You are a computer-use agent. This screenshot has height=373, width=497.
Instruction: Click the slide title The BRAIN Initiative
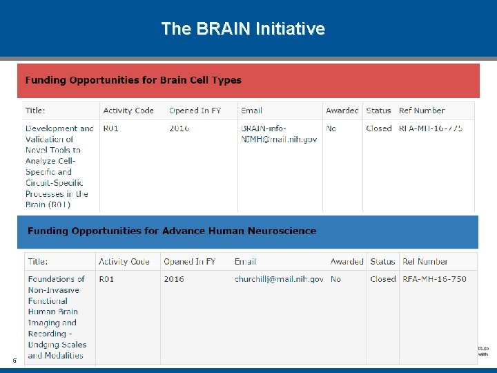[x=243, y=28]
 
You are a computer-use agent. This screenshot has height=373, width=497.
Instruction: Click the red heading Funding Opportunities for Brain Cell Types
[x=133, y=80]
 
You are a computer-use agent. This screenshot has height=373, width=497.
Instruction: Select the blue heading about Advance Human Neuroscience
[x=172, y=231]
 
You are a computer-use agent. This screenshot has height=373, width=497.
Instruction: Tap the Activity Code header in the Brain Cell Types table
[x=128, y=111]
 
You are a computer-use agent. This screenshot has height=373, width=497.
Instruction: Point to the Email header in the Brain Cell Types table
[x=251, y=111]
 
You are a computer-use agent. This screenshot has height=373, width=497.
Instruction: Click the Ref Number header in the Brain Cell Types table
[x=422, y=111]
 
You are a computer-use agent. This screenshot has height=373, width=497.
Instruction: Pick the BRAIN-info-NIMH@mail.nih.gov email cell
[x=279, y=133]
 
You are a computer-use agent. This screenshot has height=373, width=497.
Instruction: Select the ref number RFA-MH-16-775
[x=431, y=128]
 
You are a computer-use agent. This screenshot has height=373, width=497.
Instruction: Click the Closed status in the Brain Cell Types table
[x=379, y=128]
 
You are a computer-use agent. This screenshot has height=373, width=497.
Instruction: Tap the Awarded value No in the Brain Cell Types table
[x=331, y=128]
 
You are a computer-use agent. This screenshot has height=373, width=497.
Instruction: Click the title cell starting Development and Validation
[x=59, y=166]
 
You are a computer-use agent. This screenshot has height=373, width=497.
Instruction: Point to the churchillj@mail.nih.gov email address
[x=279, y=279]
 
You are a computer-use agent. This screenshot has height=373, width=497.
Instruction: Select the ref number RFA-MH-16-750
[x=434, y=279]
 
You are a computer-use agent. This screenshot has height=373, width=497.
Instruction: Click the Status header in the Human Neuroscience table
[x=382, y=262]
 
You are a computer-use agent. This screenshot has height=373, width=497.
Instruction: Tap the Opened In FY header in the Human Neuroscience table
[x=189, y=262]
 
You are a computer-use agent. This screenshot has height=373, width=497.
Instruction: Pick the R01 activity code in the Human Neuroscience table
[x=106, y=279]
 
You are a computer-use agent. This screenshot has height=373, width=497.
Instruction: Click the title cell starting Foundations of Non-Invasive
[x=57, y=317]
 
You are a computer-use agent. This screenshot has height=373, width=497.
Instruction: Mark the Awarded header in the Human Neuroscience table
[x=347, y=262]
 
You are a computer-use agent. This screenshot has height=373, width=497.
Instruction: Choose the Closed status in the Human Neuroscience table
[x=382, y=279]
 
